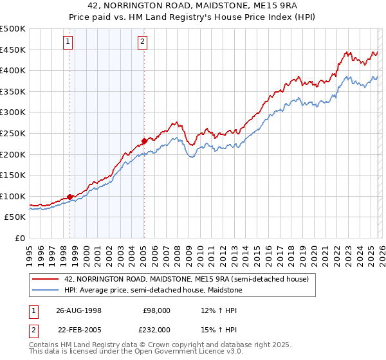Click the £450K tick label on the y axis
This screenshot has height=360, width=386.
tap(13, 50)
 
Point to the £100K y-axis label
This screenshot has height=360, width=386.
tap(13, 196)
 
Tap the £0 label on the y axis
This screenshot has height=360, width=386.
tap(19, 238)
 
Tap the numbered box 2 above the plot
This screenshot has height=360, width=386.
tap(142, 42)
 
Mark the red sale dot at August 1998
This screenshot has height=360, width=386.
tap(70, 197)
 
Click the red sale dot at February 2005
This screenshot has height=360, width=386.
tap(144, 141)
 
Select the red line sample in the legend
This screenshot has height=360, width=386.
tap(46, 279)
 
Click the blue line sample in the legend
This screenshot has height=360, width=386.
tap(46, 291)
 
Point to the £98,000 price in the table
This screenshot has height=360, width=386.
tap(157, 310)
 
